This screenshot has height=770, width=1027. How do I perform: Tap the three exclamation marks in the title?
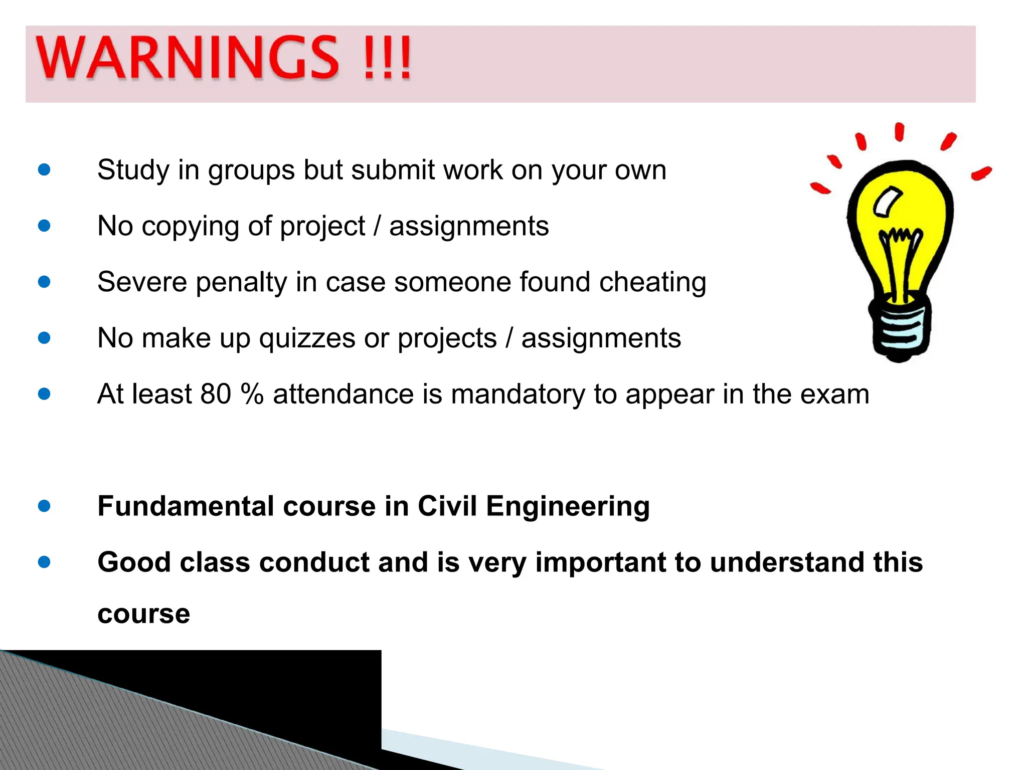tap(388, 59)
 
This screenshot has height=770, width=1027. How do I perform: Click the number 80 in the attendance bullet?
tap(216, 394)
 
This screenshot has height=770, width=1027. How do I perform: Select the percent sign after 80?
tap(252, 394)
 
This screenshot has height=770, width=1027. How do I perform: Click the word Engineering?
tap(568, 507)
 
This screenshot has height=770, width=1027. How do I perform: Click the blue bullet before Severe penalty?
tap(44, 282)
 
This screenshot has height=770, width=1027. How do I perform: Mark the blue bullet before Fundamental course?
tap(44, 506)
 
